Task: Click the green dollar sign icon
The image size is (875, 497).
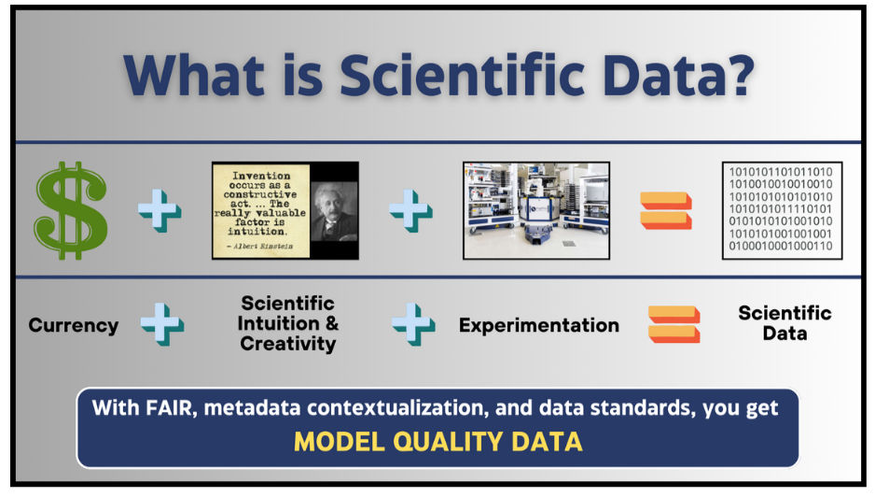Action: click(x=71, y=210)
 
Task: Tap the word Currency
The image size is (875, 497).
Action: click(x=73, y=325)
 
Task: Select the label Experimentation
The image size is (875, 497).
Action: click(x=539, y=325)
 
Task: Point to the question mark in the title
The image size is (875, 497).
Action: click(x=736, y=75)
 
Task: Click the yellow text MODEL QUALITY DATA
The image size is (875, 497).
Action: click(x=438, y=442)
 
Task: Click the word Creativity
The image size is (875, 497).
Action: click(x=288, y=343)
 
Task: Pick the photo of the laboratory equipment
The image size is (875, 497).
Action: click(x=536, y=210)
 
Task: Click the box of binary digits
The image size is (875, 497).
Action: click(x=782, y=210)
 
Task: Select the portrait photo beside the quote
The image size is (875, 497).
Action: click(x=334, y=211)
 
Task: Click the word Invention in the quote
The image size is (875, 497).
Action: click(x=261, y=176)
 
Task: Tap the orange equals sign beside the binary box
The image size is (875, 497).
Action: click(x=666, y=211)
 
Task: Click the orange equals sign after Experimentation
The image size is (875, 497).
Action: click(x=674, y=324)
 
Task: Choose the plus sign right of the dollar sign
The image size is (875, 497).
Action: click(x=160, y=211)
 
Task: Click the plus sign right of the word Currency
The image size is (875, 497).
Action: click(x=161, y=324)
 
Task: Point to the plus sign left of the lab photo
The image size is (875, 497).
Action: click(x=410, y=211)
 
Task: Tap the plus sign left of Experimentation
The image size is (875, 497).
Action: click(x=413, y=324)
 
